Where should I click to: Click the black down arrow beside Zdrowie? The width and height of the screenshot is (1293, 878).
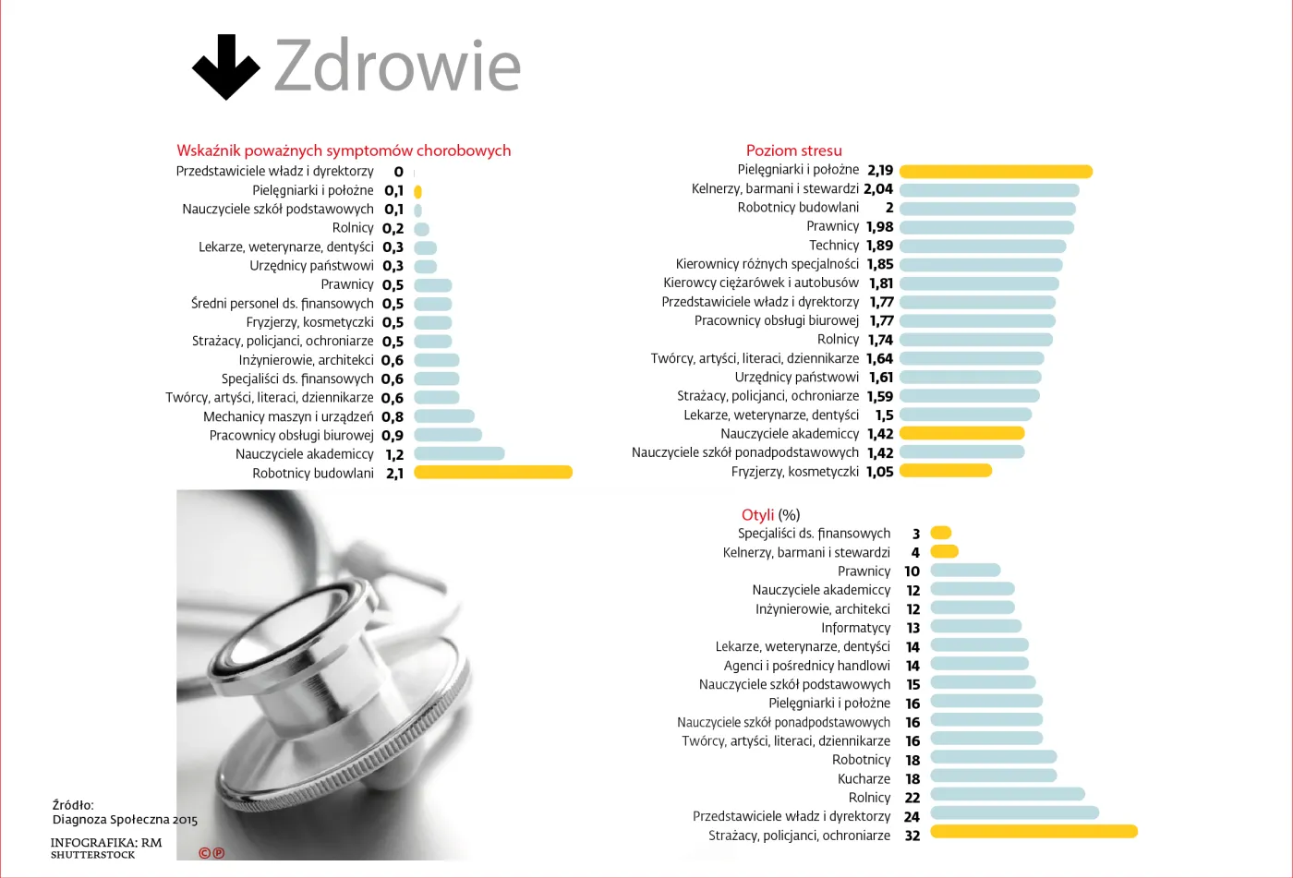[x=225, y=66]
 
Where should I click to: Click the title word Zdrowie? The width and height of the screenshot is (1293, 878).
[x=398, y=66]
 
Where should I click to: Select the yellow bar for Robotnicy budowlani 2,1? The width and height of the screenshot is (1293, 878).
[x=493, y=473]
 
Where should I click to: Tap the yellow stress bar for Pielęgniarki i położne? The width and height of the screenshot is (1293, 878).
[x=996, y=171]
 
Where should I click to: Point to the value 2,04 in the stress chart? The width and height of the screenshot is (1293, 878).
[x=878, y=189]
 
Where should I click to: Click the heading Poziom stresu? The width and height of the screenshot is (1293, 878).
[x=793, y=150]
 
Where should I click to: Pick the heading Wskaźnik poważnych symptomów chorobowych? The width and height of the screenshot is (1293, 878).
[x=344, y=150]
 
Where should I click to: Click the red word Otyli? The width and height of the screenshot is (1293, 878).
[x=757, y=514]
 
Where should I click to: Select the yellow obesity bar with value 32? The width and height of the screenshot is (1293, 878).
[x=1033, y=831]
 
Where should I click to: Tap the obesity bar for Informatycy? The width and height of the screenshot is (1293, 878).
[x=976, y=626]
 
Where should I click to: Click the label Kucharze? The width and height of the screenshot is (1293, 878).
[x=864, y=779]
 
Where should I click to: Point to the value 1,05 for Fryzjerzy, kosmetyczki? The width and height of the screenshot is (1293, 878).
[x=879, y=472]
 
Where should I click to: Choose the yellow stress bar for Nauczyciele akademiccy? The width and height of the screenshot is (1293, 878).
[x=962, y=433]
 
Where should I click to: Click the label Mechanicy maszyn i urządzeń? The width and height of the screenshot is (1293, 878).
[x=288, y=416]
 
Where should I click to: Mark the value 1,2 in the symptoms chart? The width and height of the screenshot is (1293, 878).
[x=395, y=454]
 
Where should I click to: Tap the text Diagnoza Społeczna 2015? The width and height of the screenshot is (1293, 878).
[x=125, y=820]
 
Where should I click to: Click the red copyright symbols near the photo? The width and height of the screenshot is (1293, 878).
[x=211, y=853]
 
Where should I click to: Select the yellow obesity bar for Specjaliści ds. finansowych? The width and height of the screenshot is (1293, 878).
[x=941, y=533]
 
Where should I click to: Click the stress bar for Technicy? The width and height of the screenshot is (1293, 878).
[x=983, y=247]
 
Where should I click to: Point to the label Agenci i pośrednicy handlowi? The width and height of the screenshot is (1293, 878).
[x=807, y=666]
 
